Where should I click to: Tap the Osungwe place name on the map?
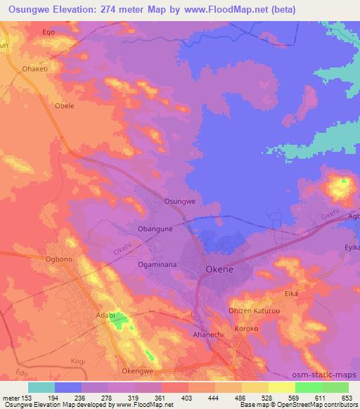(x=179, y=201)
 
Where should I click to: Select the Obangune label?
(x=155, y=229)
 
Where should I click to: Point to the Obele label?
(x=64, y=106)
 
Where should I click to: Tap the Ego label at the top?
(x=49, y=32)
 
